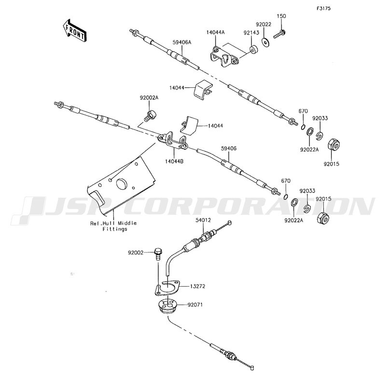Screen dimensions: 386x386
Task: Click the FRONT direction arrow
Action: tap(74, 29)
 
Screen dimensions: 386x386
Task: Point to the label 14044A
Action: tap(216, 32)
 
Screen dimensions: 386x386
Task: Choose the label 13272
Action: tap(197, 287)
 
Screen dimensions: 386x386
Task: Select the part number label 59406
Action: tap(229, 149)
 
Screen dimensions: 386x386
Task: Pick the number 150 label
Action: tap(281, 16)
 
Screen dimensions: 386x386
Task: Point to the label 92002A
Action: tap(149, 97)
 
